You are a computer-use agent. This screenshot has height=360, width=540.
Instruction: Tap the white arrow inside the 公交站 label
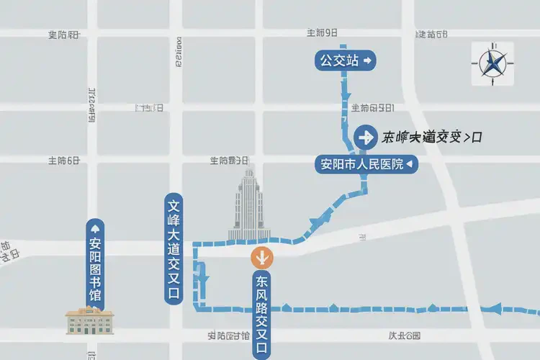(x=367, y=61)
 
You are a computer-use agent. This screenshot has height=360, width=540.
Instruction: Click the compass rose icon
(x=493, y=63)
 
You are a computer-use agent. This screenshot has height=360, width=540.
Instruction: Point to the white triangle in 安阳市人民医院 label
(x=410, y=165)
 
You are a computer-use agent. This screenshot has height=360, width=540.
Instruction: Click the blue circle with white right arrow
(x=366, y=136)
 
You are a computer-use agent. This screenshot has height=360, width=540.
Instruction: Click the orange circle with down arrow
(x=261, y=256)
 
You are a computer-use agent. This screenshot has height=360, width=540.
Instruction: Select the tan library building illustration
(x=90, y=320)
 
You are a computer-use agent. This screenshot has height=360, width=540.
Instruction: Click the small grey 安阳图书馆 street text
(x=228, y=336)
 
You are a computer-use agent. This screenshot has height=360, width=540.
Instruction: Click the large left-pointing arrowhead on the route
(x=496, y=309)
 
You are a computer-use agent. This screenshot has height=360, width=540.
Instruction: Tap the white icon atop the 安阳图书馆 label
(x=95, y=228)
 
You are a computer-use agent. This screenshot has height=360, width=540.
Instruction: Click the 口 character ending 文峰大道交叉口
(x=174, y=293)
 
